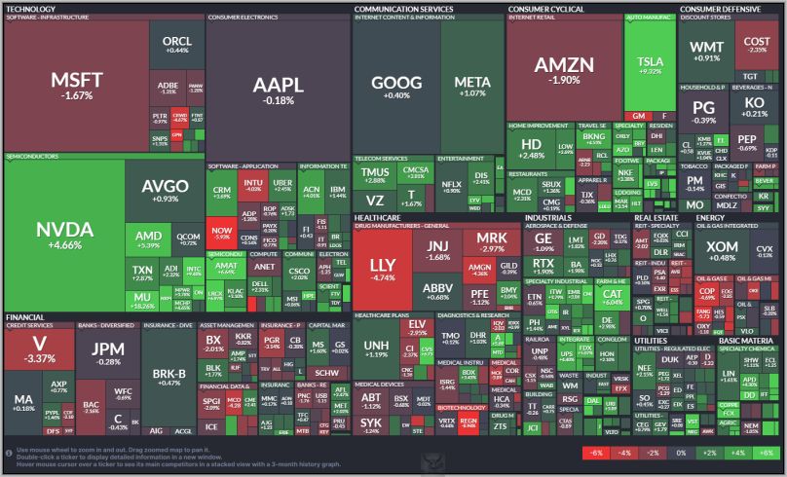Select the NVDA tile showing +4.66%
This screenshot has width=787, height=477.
(x=64, y=234)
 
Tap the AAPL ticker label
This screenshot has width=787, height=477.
(x=278, y=88)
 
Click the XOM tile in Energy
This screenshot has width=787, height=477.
(x=722, y=251)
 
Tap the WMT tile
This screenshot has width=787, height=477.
(x=706, y=51)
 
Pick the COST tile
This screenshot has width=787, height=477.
(x=756, y=45)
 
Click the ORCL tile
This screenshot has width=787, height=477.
(x=177, y=44)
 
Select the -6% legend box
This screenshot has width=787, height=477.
(x=593, y=454)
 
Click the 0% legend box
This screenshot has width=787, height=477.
(x=682, y=454)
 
